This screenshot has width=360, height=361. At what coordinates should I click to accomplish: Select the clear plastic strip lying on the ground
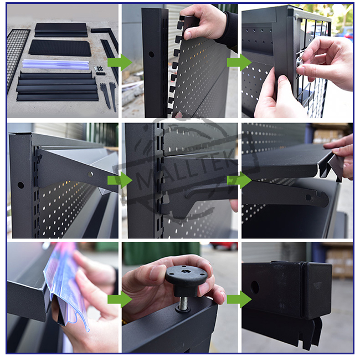click(x=55, y=64)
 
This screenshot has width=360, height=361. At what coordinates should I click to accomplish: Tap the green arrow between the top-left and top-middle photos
click(x=120, y=63)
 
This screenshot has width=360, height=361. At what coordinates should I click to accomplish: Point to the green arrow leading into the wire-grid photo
click(x=239, y=63)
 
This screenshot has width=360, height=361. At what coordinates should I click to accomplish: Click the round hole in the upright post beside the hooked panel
click(x=151, y=54)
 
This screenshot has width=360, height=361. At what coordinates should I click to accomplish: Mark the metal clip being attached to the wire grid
click(x=299, y=61)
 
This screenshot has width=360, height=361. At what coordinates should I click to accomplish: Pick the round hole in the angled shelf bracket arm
click(x=91, y=174)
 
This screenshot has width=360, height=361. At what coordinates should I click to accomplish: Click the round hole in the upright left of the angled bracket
click(x=20, y=185)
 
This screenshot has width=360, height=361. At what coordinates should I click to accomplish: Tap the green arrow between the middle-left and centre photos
click(x=120, y=180)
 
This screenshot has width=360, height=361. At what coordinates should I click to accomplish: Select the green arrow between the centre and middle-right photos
click(x=239, y=180)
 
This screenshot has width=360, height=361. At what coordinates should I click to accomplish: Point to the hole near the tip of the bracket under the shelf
click(x=308, y=197)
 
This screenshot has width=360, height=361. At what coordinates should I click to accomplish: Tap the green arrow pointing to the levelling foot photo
click(x=120, y=299)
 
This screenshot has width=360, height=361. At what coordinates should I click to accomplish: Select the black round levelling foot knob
click(x=186, y=279)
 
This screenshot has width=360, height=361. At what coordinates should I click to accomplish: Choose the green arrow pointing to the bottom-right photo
click(x=239, y=299)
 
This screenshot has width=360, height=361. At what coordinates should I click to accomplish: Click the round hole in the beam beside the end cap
click(x=255, y=287)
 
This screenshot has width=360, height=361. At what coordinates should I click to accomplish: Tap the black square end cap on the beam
click(x=317, y=291)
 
